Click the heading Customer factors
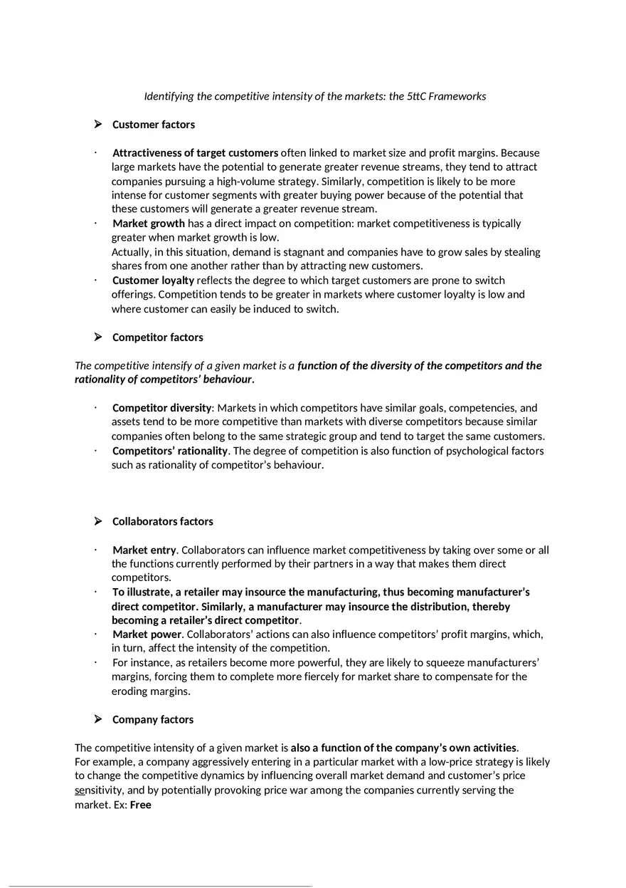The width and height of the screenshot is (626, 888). [153, 125]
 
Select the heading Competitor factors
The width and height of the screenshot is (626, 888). [157, 338]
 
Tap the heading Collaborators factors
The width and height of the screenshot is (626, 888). [162, 521]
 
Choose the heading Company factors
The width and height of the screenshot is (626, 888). [152, 719]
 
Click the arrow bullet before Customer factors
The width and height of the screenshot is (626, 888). [98, 125]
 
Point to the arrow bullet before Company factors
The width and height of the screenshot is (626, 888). [98, 719]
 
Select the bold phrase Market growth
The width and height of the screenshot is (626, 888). [148, 224]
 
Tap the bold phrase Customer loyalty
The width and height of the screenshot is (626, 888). [153, 281]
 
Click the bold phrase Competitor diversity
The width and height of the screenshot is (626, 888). [161, 408]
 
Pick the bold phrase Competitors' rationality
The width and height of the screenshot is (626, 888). [170, 451]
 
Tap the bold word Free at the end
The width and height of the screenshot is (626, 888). [141, 805]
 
